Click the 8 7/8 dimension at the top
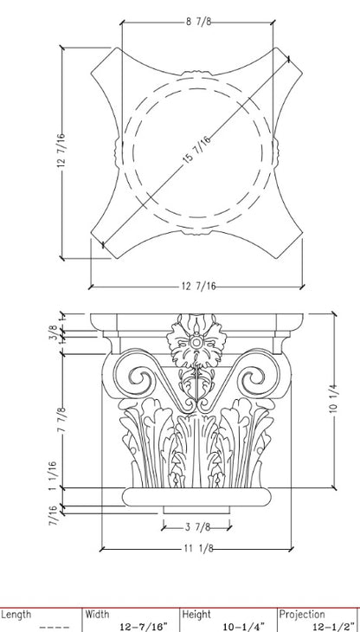(x=198, y=22)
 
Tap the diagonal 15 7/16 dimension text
(x=196, y=150)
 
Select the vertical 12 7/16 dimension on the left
(x=61, y=150)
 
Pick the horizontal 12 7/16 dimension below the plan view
(x=198, y=287)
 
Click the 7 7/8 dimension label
(x=62, y=420)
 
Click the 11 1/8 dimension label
(x=199, y=549)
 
